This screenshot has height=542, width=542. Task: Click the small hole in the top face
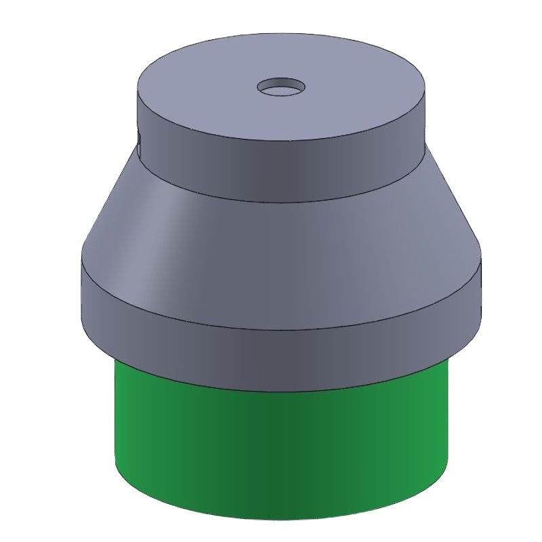tap(280, 87)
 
